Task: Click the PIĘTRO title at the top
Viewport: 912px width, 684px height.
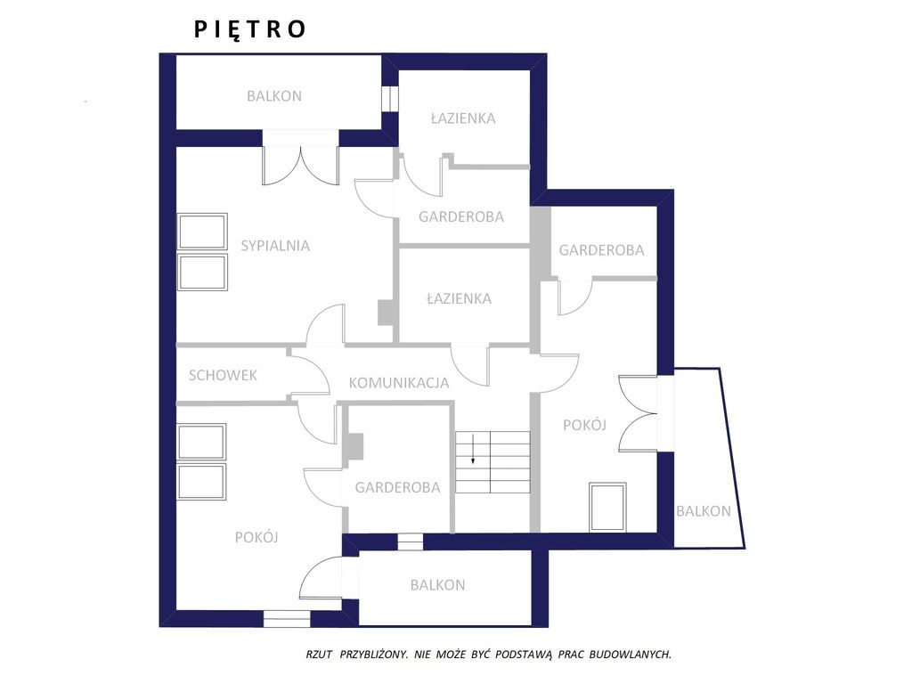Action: click(x=249, y=29)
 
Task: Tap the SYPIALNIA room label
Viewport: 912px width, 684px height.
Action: click(x=275, y=246)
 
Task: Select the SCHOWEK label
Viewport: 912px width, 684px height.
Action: click(x=223, y=375)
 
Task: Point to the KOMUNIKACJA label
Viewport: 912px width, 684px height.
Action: click(x=399, y=383)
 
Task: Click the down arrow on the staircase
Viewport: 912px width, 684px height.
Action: click(x=474, y=449)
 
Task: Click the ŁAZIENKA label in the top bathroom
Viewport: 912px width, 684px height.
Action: click(x=463, y=118)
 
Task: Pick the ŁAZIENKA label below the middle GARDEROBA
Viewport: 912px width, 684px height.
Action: click(x=459, y=298)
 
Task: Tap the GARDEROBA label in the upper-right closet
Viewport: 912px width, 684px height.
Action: click(x=601, y=250)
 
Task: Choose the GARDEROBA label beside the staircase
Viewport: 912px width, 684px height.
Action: click(x=398, y=487)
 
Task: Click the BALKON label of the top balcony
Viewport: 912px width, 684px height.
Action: click(x=274, y=96)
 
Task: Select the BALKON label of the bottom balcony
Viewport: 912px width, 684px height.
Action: click(x=437, y=585)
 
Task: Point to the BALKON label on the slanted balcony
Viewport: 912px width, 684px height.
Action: click(x=704, y=511)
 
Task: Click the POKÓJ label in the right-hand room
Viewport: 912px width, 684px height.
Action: click(x=584, y=425)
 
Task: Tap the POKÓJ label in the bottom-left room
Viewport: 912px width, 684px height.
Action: click(x=256, y=537)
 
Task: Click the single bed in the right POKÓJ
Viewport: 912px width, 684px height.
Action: click(x=607, y=507)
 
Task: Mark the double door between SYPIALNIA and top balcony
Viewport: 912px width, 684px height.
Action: click(x=300, y=166)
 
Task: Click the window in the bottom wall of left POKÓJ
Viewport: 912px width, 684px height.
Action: click(x=287, y=618)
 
